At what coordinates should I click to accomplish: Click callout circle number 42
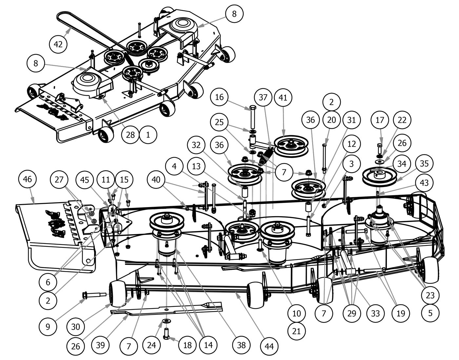(58, 44)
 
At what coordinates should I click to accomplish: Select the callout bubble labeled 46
(28, 180)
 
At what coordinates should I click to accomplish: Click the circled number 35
(424, 163)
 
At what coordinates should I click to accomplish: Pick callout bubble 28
(130, 135)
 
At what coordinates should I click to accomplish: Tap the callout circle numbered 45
(85, 180)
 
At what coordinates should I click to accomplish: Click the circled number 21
(296, 331)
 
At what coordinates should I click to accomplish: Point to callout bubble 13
(196, 167)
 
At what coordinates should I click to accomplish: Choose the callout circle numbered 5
(430, 313)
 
